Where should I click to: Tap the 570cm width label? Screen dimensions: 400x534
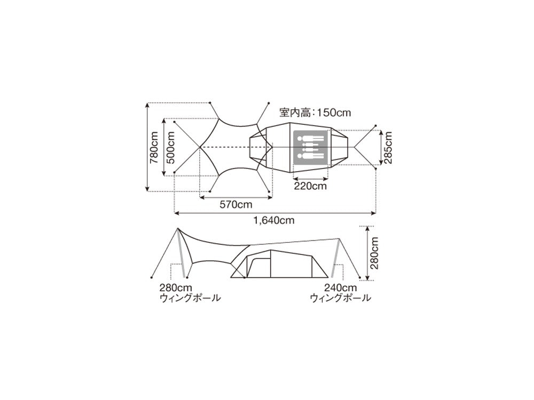235,204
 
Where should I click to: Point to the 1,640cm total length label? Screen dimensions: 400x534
274,220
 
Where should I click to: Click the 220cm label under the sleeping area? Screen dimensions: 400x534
310,186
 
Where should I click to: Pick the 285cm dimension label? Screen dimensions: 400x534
388,147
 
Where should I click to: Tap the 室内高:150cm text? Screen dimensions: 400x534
315,113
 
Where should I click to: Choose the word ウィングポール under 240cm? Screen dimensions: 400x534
340,298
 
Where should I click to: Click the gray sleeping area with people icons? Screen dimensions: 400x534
310,147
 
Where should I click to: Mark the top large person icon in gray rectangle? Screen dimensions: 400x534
310,139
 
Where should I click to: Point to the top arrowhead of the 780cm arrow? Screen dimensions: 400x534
147,105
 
